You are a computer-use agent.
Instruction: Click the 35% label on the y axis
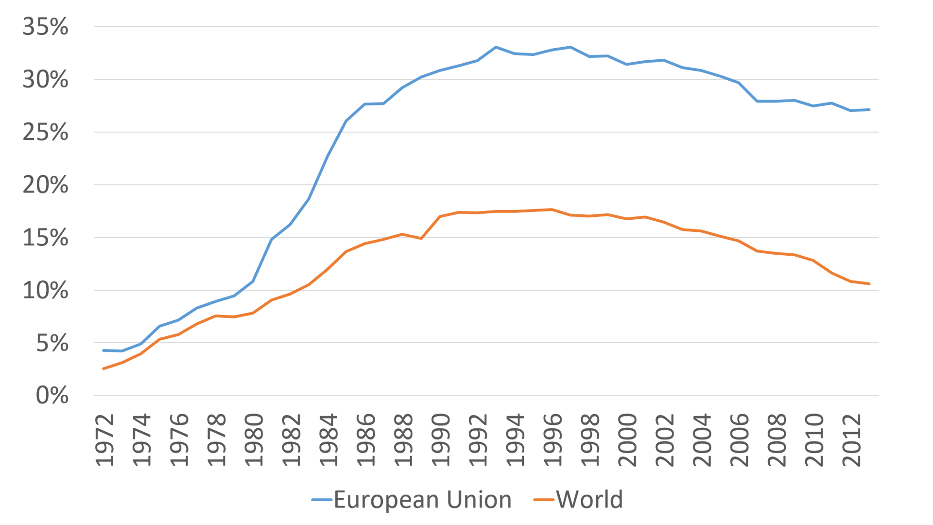(x=46, y=27)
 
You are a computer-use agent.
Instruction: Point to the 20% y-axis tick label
(x=46, y=185)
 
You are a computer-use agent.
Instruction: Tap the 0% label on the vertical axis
(x=52, y=396)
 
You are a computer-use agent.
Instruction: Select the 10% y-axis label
(x=46, y=291)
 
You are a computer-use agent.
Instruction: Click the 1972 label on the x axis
(x=104, y=440)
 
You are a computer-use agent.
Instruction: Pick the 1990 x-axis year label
(x=441, y=440)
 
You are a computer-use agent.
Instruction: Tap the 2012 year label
(x=852, y=440)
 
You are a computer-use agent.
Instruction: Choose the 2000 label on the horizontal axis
(x=627, y=440)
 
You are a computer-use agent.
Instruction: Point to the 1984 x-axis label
(x=328, y=440)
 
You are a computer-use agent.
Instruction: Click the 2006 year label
(x=740, y=440)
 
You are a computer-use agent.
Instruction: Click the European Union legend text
(x=423, y=500)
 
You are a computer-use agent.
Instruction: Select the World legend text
(x=589, y=500)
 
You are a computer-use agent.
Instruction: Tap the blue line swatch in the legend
(x=322, y=500)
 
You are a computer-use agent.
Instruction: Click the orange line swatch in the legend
(x=544, y=500)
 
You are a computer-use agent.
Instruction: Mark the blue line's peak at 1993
(x=495, y=47)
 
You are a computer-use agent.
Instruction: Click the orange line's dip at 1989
(x=421, y=238)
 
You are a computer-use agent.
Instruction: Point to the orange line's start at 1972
(x=103, y=369)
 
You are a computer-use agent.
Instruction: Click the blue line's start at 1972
(x=103, y=350)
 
